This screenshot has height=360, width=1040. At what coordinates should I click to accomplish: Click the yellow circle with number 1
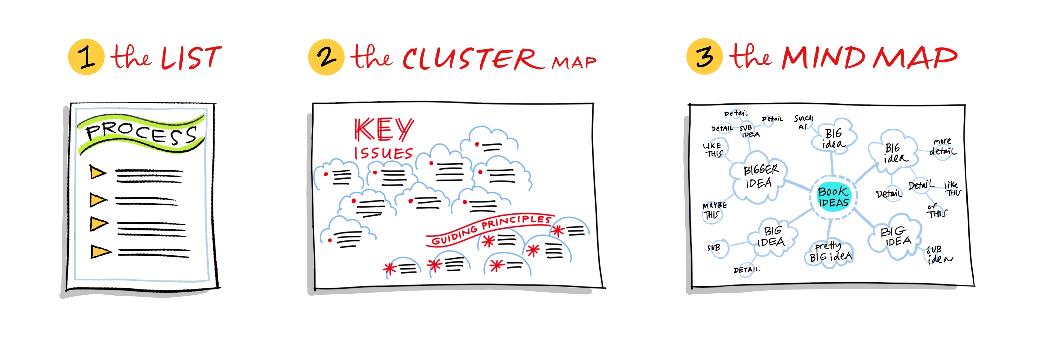click(86, 57)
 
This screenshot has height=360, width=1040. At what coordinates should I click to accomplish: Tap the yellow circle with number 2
click(326, 57)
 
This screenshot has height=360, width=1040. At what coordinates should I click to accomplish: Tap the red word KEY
click(384, 130)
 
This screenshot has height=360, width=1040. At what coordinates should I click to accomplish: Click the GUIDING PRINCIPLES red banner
click(490, 229)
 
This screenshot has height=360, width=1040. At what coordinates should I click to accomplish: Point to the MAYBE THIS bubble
click(713, 211)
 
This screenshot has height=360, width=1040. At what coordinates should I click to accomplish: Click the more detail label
click(942, 147)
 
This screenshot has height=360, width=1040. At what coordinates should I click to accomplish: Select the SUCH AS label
click(803, 122)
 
